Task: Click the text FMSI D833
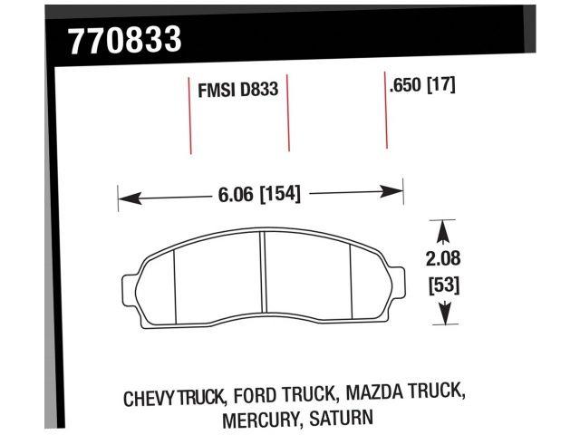tap(237, 91)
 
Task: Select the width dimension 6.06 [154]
tap(259, 193)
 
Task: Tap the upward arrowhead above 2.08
tap(443, 227)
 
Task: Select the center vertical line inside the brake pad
tap(262, 274)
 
